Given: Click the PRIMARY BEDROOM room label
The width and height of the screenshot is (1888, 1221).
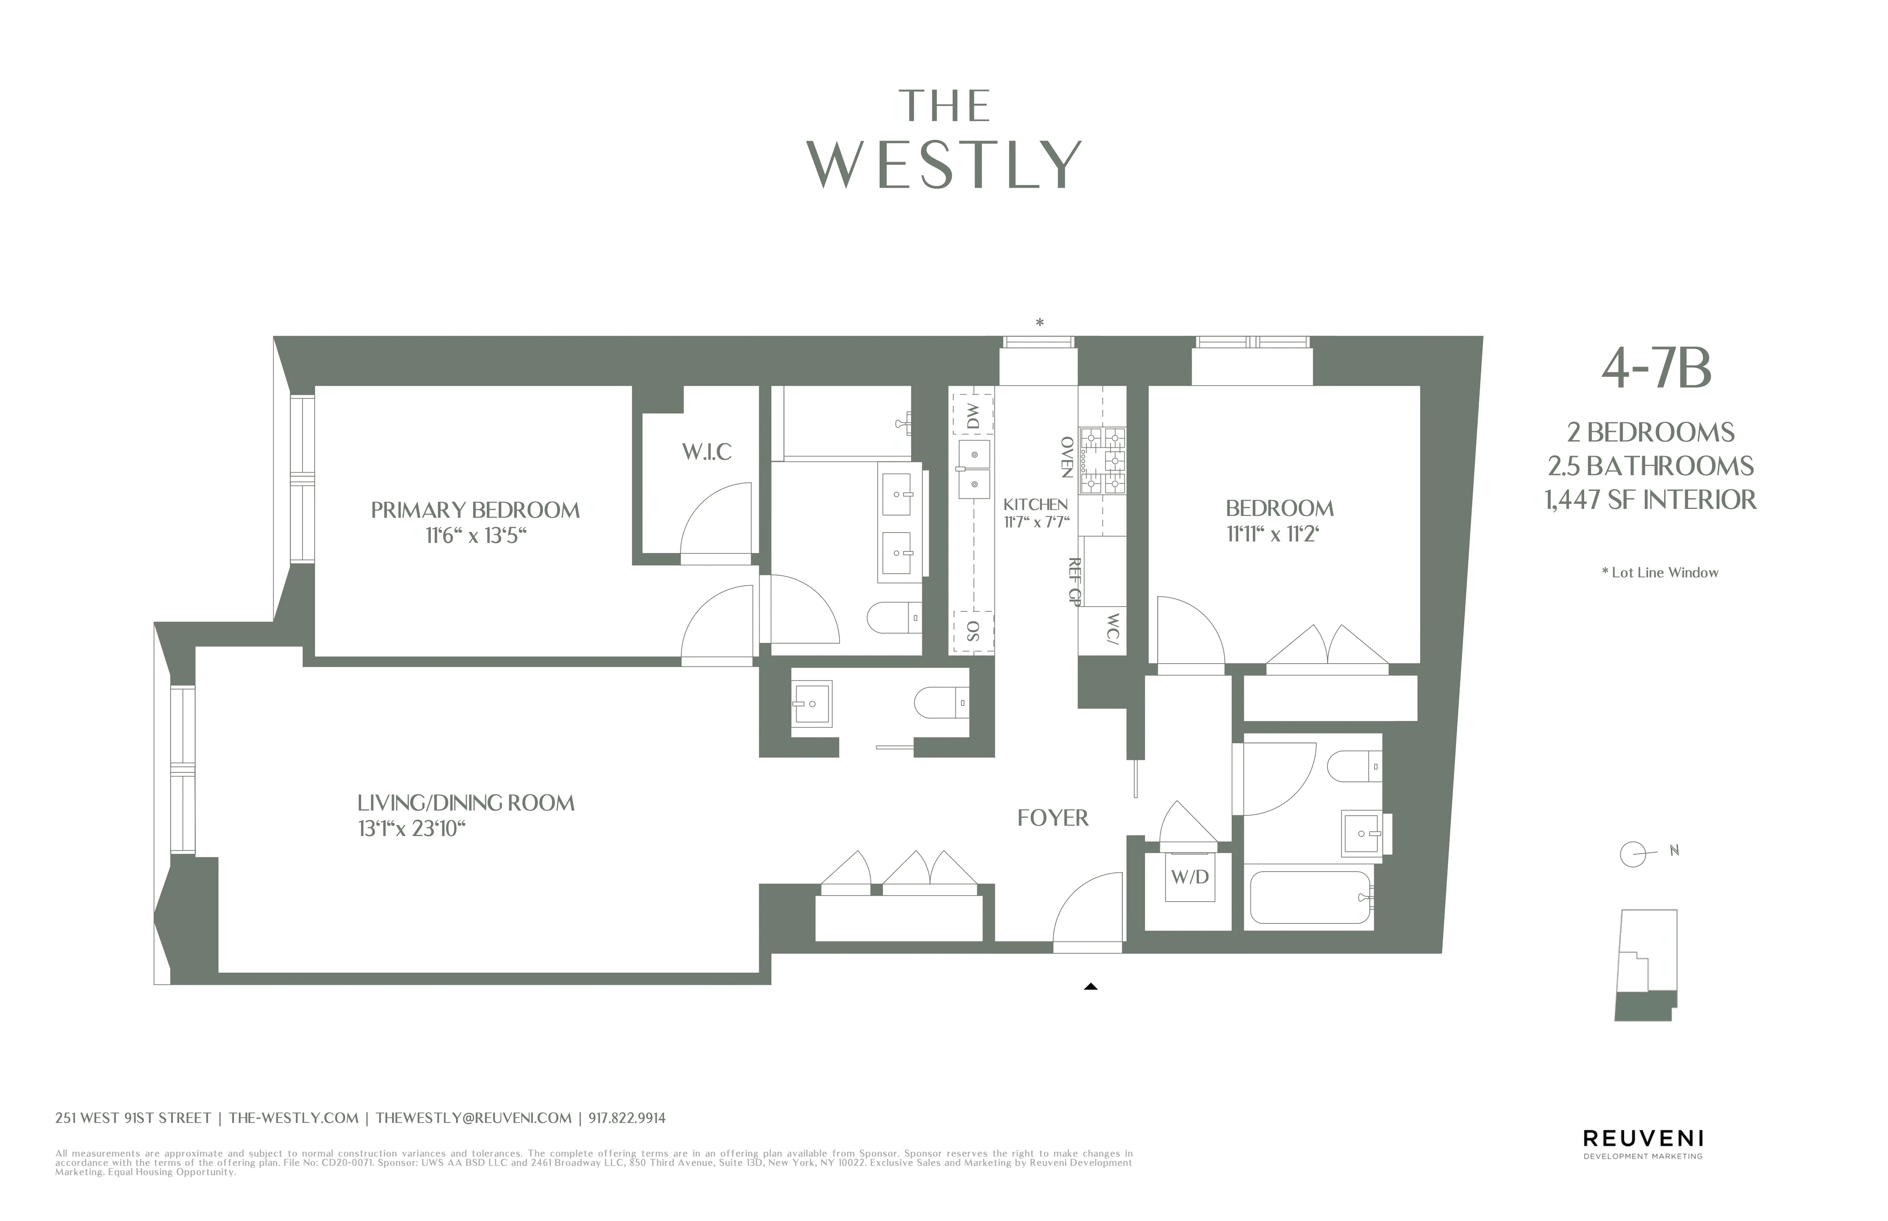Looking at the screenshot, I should (475, 510).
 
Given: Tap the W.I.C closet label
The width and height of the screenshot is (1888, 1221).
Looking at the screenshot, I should (706, 452).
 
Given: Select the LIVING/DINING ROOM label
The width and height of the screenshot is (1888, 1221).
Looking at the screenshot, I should (465, 803).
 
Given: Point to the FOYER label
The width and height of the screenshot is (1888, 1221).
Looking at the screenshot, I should (1052, 818).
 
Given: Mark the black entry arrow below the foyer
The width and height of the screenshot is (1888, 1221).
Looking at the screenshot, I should (1090, 986).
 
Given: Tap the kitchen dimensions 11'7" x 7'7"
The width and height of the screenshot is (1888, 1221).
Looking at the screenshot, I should (1037, 522).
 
